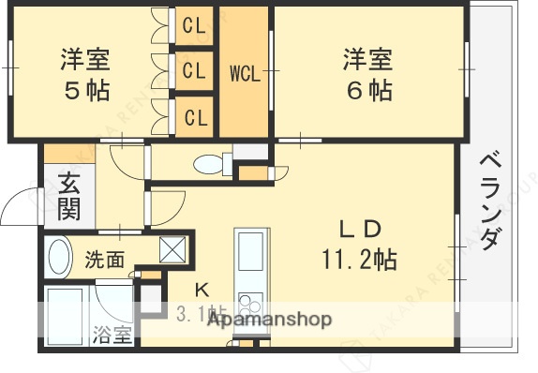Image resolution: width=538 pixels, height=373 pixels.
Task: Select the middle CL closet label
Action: tap(195, 70)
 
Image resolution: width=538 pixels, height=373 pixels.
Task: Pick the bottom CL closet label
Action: tap(195, 117)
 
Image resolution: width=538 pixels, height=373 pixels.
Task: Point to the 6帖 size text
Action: tap(366, 92)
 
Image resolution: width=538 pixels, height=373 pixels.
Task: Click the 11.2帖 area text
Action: tap(358, 259)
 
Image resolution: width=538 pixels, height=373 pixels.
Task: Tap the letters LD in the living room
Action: tap(358, 229)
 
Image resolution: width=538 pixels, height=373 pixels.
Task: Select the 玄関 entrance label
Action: tap(68, 196)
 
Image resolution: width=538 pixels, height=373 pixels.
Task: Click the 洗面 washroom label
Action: tap(104, 260)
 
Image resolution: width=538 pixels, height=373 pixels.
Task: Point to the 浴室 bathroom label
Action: tap(112, 336)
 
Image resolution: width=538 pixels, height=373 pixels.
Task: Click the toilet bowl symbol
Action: tap(211, 165)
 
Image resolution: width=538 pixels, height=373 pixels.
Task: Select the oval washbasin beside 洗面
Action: tap(59, 257)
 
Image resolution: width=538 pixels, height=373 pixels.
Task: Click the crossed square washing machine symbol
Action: tap(174, 249)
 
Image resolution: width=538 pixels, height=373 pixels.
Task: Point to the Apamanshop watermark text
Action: tap(268, 320)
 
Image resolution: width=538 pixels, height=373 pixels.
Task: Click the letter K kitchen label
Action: tap(201, 289)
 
